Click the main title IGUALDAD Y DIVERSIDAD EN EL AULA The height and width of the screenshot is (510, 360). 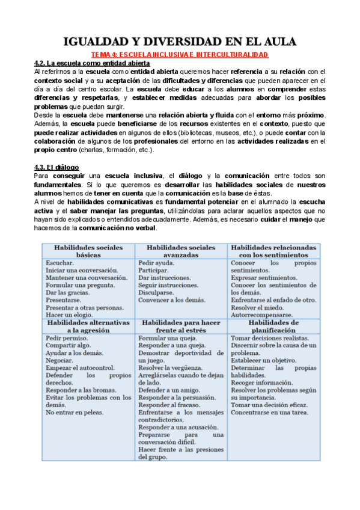click(180, 41)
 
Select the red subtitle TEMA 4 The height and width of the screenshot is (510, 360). click(180, 55)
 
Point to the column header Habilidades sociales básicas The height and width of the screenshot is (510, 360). click(88, 251)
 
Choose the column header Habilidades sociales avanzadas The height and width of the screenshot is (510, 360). click(180, 251)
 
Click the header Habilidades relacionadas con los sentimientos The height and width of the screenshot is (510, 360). click(273, 251)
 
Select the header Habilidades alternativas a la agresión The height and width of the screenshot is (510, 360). click(88, 327)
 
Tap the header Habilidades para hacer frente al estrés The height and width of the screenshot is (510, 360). click(180, 327)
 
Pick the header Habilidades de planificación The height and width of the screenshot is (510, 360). click(273, 327)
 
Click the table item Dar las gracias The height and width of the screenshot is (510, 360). click(67, 292)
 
